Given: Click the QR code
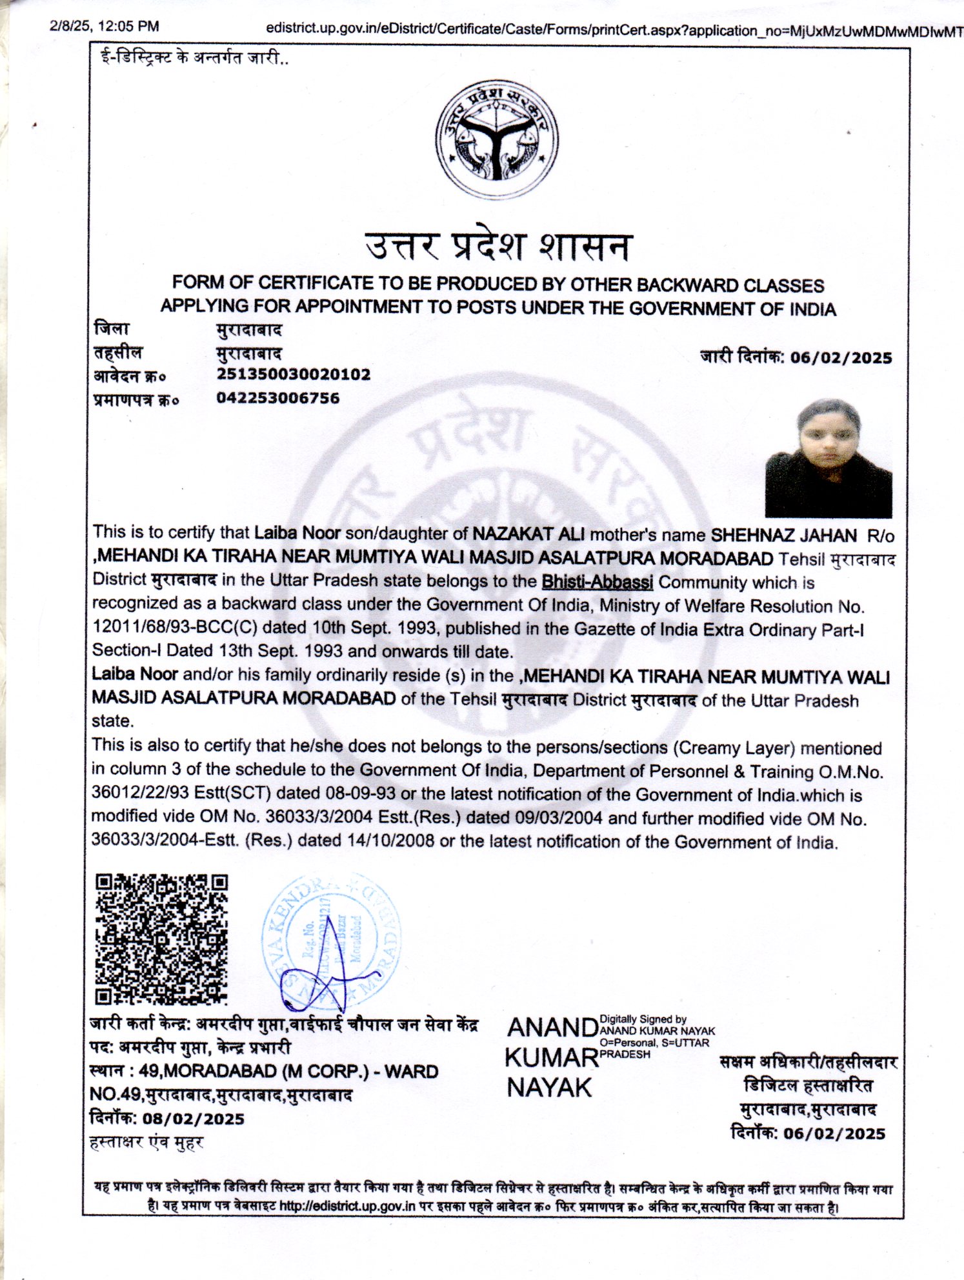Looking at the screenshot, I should pyautogui.click(x=161, y=939).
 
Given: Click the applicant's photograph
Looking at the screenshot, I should pyautogui.click(x=828, y=458).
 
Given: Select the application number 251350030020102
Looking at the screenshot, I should pyautogui.click(x=294, y=374).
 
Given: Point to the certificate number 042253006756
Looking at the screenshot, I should pyautogui.click(x=277, y=398).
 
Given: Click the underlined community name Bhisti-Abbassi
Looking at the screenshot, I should pyautogui.click(x=597, y=582).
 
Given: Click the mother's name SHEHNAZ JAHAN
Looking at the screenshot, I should pyautogui.click(x=783, y=535).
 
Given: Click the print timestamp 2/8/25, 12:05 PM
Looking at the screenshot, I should pyautogui.click(x=104, y=26).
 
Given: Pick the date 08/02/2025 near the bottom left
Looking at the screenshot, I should pyautogui.click(x=194, y=1119).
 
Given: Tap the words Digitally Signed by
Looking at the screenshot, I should pyautogui.click(x=643, y=1019).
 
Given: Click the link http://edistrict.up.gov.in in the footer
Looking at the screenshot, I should pyautogui.click(x=346, y=1206).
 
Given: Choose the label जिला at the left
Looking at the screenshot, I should pyautogui.click(x=112, y=329).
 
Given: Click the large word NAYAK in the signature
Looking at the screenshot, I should pyautogui.click(x=548, y=1088).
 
